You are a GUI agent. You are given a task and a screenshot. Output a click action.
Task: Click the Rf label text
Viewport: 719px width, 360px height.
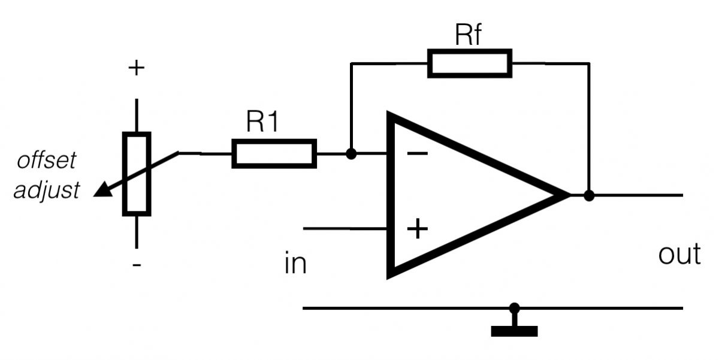tap(469, 35)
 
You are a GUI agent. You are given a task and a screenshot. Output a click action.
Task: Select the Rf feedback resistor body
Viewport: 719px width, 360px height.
tap(470, 63)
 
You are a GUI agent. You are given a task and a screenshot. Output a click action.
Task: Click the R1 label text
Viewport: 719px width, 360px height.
tap(262, 122)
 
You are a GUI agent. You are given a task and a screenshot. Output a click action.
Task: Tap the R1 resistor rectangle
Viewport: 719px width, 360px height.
tap(274, 153)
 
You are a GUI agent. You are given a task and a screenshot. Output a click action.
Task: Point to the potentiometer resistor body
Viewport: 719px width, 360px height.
tap(136, 174)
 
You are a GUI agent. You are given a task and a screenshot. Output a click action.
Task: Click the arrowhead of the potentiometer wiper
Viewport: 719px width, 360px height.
tap(103, 190)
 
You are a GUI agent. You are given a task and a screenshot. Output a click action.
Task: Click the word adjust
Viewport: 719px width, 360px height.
tap(47, 190)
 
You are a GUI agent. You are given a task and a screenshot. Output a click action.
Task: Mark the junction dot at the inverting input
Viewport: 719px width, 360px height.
tap(352, 154)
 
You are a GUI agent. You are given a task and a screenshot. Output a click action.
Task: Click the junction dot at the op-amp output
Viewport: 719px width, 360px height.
tap(589, 195)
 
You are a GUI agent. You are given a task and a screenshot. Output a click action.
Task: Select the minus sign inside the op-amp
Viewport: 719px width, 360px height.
tap(418, 154)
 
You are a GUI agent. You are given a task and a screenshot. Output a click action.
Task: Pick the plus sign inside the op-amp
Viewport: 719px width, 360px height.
tap(418, 229)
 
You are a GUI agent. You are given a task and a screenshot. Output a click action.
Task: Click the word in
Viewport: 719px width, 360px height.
tap(295, 264)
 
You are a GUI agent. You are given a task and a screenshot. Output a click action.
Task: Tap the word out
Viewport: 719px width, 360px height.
tap(679, 254)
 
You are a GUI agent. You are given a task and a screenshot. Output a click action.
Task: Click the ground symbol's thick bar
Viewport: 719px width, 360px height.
tap(514, 331)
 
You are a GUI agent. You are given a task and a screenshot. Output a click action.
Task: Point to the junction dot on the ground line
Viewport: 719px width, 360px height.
tap(514, 308)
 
